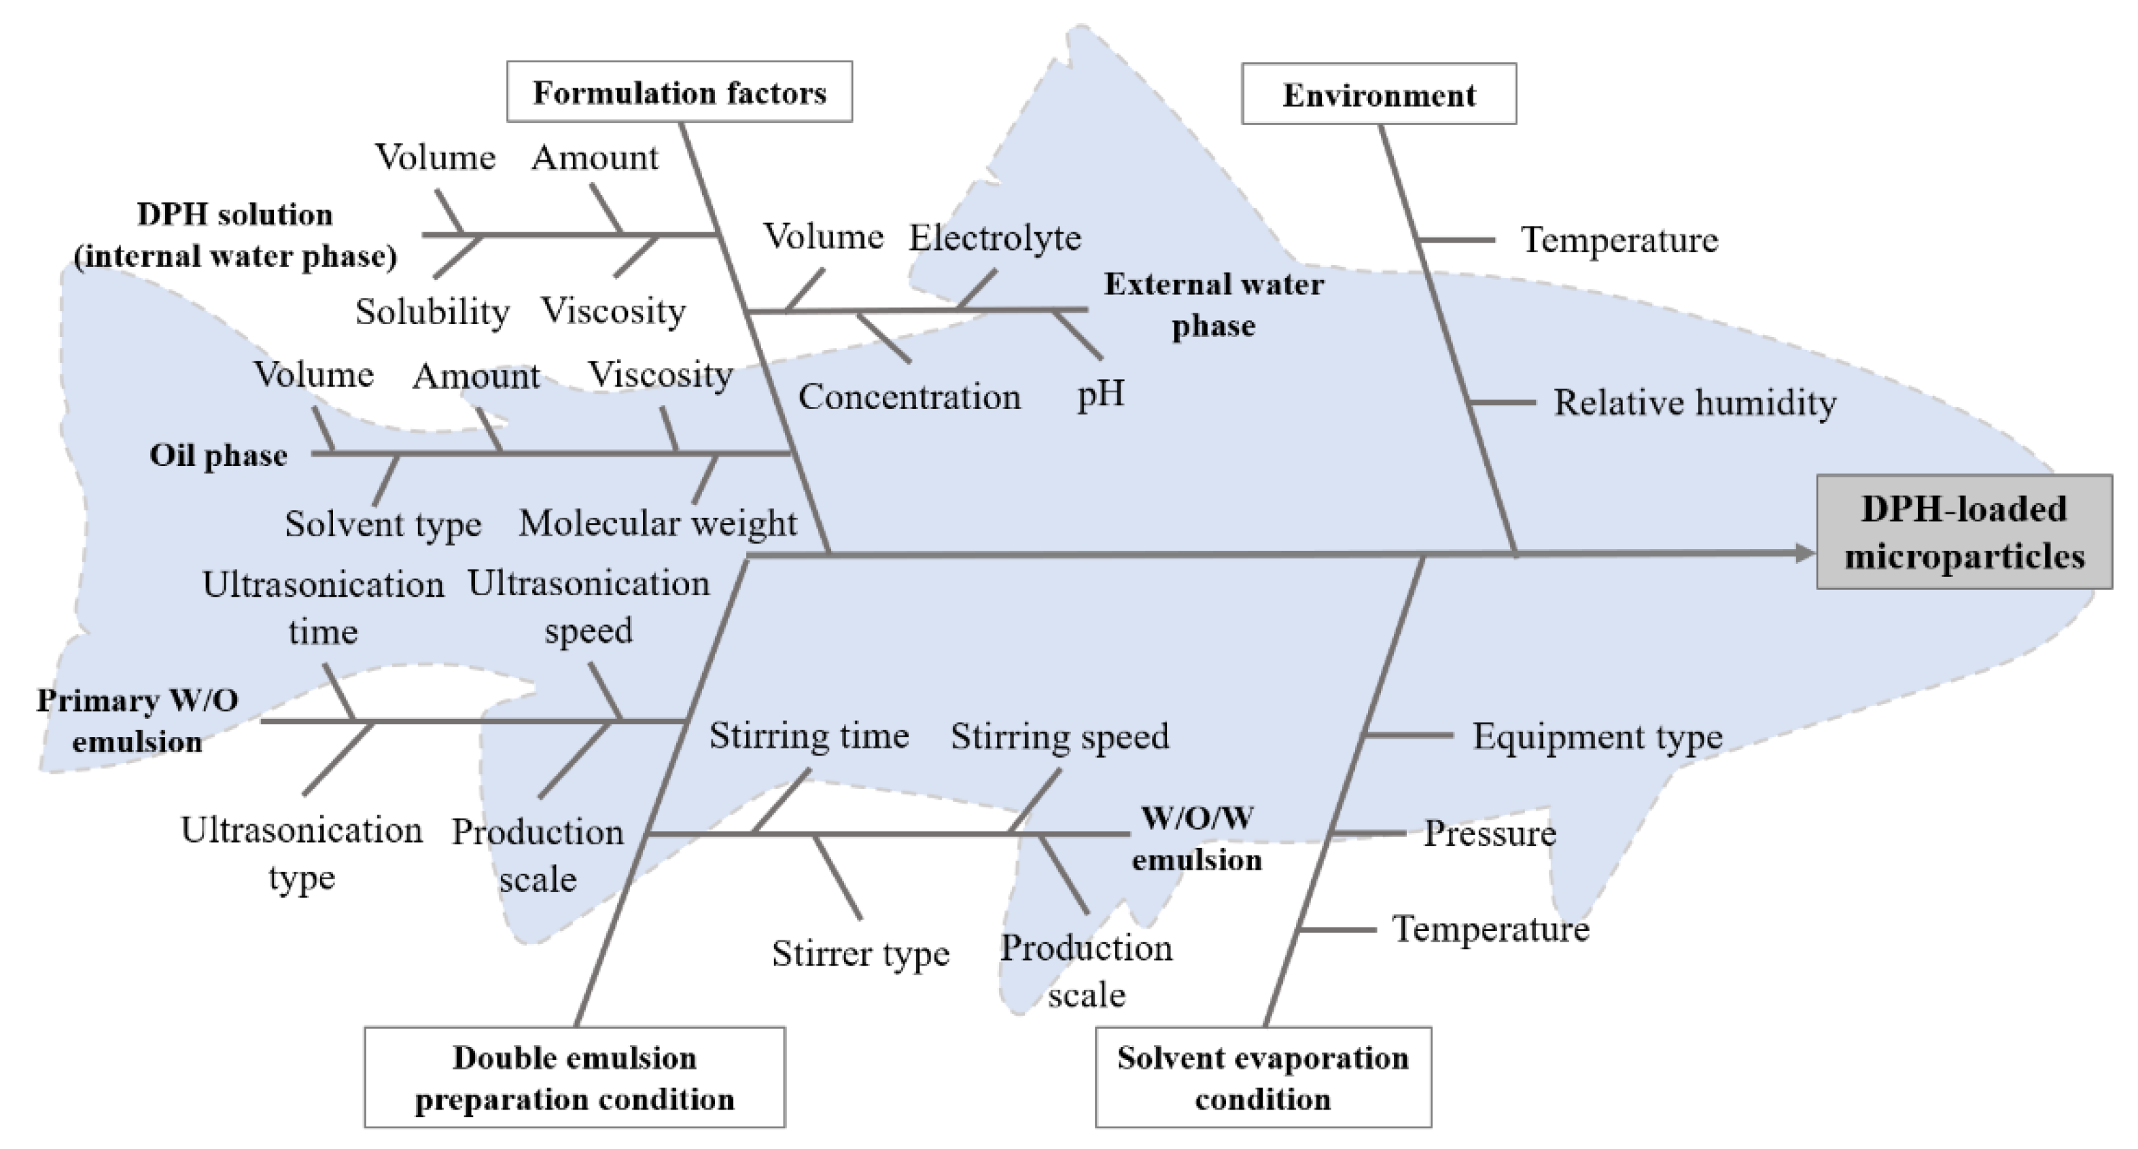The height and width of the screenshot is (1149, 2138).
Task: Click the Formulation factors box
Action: [x=679, y=92]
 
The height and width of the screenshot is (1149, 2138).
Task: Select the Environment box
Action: [x=1379, y=94]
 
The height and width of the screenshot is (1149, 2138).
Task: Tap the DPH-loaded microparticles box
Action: [x=1964, y=533]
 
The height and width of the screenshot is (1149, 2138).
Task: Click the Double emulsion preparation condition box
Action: [x=574, y=1078]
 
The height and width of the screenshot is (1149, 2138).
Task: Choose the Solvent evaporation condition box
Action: [x=1263, y=1078]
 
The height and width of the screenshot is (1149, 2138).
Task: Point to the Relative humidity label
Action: [x=1694, y=403]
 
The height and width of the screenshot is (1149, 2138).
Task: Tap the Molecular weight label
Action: [x=657, y=523]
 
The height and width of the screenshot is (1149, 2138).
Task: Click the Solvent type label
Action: [x=383, y=525]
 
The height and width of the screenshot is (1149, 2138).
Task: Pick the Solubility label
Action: [x=432, y=312]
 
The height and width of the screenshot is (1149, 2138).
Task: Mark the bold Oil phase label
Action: [x=218, y=455]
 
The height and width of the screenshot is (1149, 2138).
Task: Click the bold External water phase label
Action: [x=1214, y=305]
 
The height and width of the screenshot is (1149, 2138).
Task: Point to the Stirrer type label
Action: [x=860, y=954]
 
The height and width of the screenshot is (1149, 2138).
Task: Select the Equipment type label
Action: [x=1597, y=737]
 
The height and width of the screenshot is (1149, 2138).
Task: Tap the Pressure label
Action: [x=1490, y=834]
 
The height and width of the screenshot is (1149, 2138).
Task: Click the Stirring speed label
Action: [x=1059, y=737]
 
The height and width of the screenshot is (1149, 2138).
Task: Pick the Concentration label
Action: [x=909, y=397]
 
